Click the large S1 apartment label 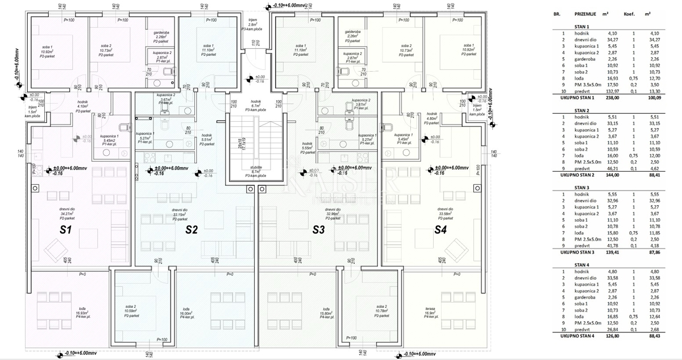(x=65, y=230)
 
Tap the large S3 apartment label (x=319, y=230)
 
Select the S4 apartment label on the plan (x=441, y=230)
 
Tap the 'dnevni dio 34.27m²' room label (x=68, y=213)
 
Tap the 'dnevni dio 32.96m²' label (x=318, y=213)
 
